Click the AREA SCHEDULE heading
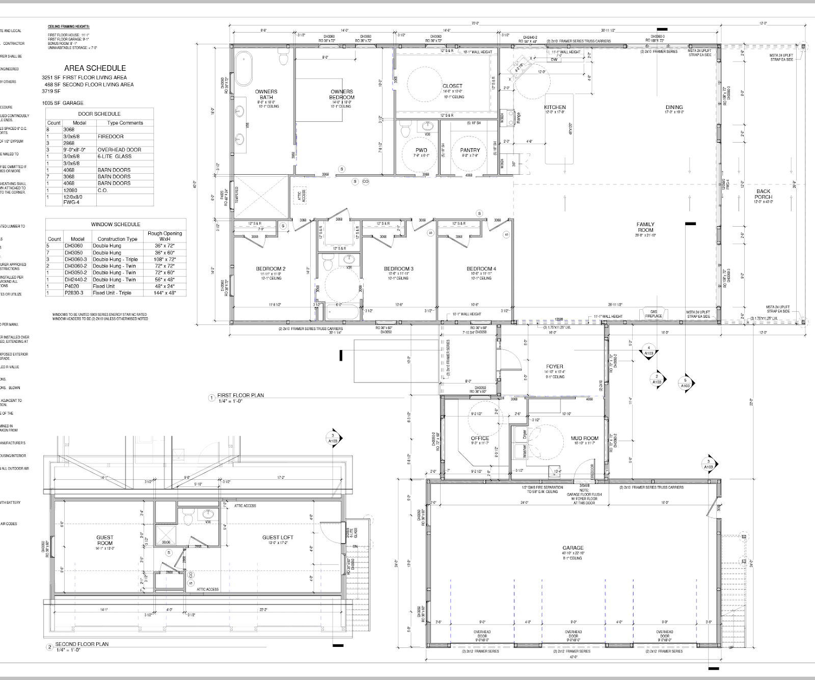[x=95, y=68]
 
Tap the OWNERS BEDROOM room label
[x=342, y=95]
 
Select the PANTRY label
[x=470, y=150]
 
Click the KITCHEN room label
[x=555, y=107]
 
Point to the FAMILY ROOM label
[x=645, y=227]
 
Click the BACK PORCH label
[x=763, y=194]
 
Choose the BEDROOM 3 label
[x=398, y=269]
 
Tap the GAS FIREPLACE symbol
[x=654, y=314]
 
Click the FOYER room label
[x=555, y=366]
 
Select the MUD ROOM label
[x=584, y=438]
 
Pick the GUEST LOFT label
[x=278, y=537]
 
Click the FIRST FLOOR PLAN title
[x=240, y=395]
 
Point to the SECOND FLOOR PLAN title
[x=81, y=644]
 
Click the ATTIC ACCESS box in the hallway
[x=300, y=196]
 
